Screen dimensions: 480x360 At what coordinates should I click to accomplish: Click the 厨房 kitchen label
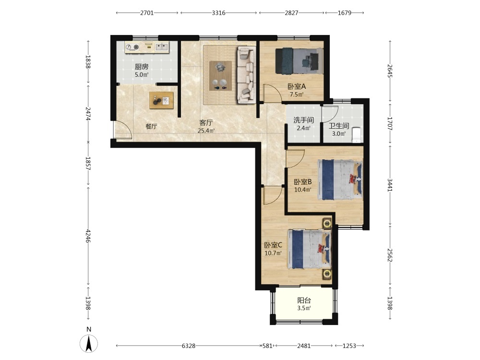point(142,66)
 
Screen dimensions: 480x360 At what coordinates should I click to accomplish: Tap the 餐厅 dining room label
point(151,126)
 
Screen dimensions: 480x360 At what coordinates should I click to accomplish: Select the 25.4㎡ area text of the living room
point(206,131)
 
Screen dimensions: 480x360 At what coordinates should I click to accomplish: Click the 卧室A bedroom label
point(296,86)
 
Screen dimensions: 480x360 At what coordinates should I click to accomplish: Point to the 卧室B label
point(303,182)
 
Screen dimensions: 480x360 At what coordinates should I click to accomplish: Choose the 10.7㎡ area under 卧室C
point(273,253)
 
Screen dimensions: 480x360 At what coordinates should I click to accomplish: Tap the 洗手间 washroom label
point(303,120)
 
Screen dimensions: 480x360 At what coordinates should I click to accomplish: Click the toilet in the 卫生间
point(356,135)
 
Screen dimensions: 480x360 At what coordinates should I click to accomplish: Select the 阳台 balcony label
point(304,300)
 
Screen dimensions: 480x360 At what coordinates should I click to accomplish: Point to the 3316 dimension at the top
point(218,13)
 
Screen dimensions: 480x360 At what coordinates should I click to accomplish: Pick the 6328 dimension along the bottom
point(188,346)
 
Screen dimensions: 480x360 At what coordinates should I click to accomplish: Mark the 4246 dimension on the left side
point(88,236)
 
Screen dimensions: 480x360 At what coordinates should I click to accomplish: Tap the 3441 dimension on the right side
point(390,185)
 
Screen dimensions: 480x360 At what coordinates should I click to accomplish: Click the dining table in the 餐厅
point(161,100)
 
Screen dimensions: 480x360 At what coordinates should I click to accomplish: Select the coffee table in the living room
point(220,76)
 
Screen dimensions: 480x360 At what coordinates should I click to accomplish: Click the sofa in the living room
point(246,75)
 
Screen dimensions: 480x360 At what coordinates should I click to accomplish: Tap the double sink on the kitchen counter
point(162,47)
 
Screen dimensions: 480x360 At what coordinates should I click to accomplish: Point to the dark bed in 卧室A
point(299,61)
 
